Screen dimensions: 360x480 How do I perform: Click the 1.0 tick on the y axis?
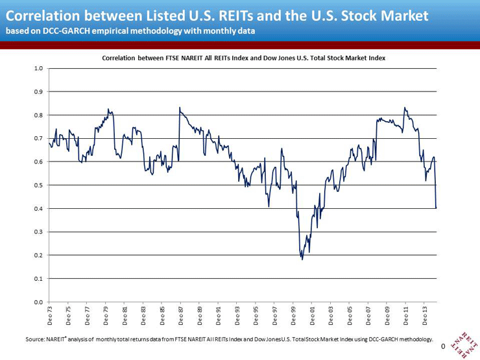click(38, 68)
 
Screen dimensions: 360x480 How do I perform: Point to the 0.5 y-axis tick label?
click(38, 185)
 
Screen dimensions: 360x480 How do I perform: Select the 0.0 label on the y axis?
click(38, 302)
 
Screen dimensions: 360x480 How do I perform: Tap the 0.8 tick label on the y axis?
click(38, 115)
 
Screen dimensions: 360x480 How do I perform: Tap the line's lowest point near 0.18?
click(302, 259)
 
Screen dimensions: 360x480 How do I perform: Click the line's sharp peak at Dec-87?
click(180, 108)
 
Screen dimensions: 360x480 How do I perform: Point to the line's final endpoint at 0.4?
click(436, 208)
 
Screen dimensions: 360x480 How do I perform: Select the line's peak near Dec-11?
click(405, 108)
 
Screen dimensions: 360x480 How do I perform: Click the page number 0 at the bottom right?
click(443, 346)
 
